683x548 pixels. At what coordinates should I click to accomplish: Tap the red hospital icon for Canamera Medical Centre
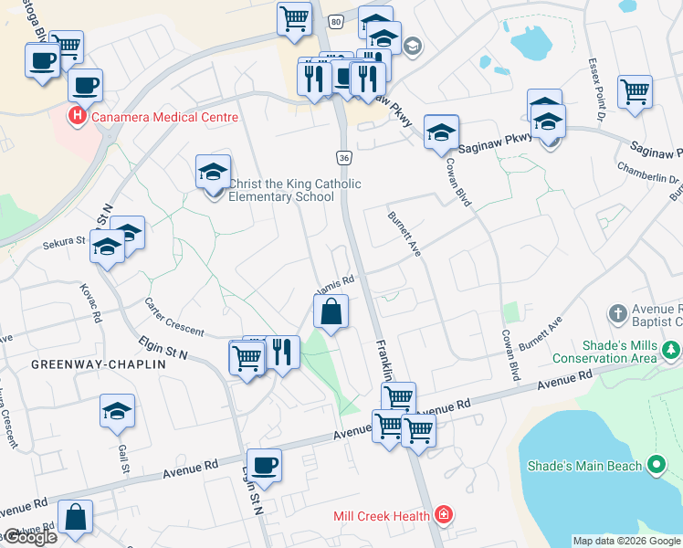click(78, 117)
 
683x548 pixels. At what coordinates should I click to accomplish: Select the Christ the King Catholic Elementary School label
click(294, 190)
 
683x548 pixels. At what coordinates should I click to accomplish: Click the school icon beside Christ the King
click(212, 171)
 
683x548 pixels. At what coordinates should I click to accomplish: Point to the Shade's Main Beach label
click(584, 466)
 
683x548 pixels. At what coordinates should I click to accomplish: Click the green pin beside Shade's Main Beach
click(656, 466)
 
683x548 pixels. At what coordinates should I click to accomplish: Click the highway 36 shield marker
click(343, 158)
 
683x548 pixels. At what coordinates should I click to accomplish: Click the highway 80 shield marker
click(336, 20)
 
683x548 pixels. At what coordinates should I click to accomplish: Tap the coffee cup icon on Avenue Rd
click(264, 466)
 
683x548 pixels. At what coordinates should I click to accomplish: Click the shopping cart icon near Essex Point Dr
click(635, 92)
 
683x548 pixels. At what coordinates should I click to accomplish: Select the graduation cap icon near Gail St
click(118, 411)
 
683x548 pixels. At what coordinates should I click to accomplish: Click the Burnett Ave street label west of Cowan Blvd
click(403, 234)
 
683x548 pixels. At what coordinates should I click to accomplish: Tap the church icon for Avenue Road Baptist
click(618, 313)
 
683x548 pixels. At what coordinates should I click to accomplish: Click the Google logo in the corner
click(29, 537)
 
